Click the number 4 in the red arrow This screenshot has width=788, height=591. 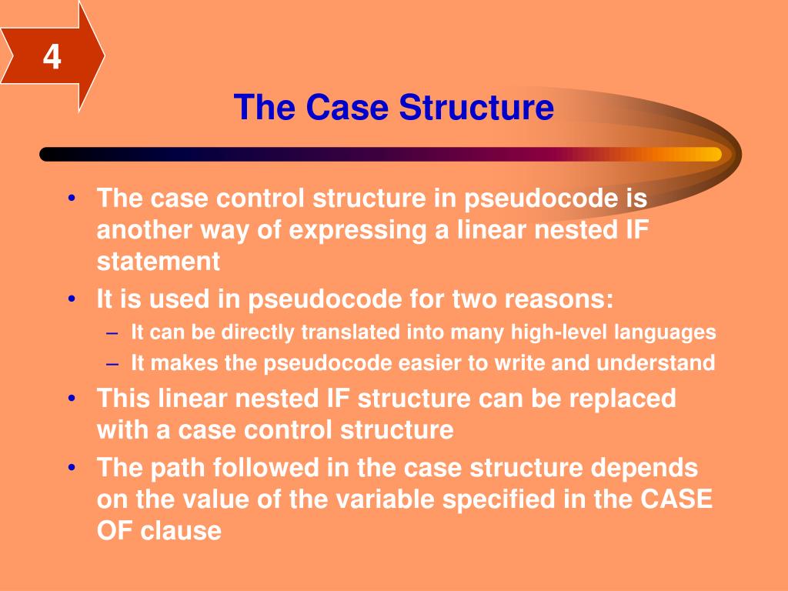click(52, 58)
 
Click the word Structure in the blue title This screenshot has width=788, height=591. click(476, 107)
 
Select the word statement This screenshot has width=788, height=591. click(159, 262)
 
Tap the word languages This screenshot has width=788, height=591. click(668, 332)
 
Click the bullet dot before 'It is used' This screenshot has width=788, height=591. click(72, 299)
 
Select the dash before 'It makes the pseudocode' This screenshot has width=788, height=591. click(113, 362)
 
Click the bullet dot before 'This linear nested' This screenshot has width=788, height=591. click(72, 399)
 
